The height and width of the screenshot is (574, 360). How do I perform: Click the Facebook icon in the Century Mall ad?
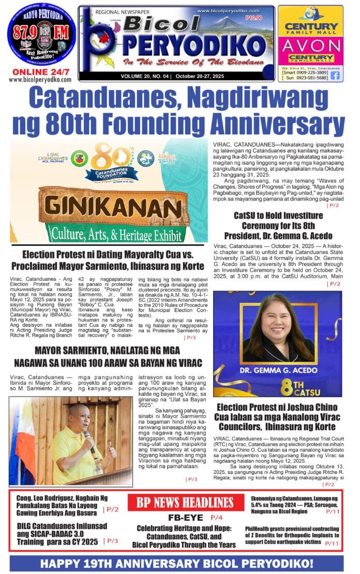(x=335, y=75)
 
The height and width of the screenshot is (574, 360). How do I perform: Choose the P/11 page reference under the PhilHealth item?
(x=333, y=543)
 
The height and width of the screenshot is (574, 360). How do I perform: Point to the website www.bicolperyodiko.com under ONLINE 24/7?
(x=40, y=80)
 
